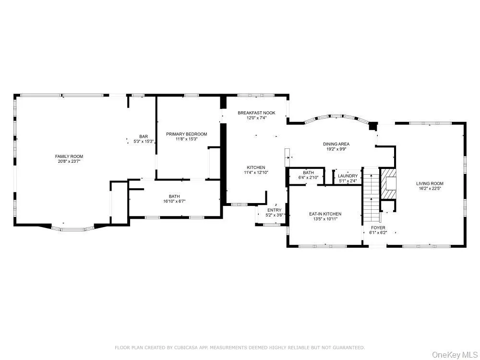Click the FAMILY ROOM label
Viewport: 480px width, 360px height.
69,156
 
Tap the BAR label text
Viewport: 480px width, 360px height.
144,136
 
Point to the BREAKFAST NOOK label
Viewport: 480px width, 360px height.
256,113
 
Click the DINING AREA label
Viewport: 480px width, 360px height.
336,144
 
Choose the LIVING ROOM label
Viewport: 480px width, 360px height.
430,183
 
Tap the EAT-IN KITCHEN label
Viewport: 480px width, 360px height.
325,214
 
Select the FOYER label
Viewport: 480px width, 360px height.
378,228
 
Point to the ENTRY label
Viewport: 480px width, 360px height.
275,210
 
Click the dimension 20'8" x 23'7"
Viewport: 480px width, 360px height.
69,162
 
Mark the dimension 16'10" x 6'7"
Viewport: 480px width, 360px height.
174,202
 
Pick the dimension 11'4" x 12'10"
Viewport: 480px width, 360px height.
256,172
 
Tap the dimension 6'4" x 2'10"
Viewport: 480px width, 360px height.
308,178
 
